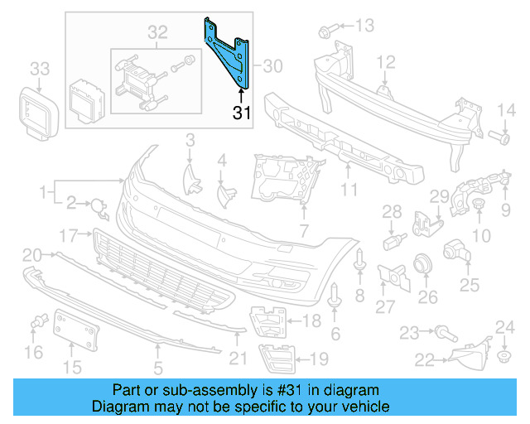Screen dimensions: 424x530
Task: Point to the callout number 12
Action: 387,61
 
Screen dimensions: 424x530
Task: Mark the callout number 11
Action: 349,190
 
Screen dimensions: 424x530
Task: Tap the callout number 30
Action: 273,65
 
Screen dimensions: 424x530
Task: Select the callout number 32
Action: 157,33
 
